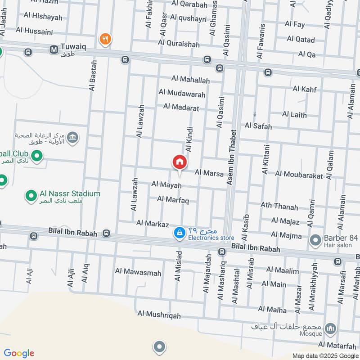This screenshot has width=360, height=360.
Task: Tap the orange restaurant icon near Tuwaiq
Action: tap(105, 39)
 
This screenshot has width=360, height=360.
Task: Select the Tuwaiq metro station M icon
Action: tap(54, 49)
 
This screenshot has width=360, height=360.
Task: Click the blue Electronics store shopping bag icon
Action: tap(179, 232)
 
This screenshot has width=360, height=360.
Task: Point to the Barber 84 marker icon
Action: tap(315, 241)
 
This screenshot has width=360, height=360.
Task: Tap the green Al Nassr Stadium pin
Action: tap(31, 196)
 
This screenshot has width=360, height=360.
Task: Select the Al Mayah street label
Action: tap(166, 185)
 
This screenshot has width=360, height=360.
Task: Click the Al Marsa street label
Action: tap(209, 173)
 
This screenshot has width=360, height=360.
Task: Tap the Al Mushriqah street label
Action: tap(159, 315)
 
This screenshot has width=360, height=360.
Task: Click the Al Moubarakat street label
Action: tap(299, 175)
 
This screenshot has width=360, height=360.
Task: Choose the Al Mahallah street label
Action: tap(190, 80)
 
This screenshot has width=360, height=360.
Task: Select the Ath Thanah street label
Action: tap(279, 206)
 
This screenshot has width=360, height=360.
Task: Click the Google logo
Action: tap(19, 353)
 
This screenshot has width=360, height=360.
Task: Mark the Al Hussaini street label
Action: tap(34, 31)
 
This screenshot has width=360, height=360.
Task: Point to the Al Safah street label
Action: tap(258, 126)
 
